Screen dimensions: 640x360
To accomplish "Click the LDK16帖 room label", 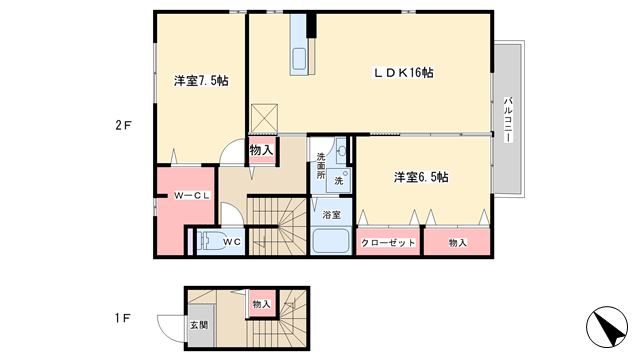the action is [404, 73].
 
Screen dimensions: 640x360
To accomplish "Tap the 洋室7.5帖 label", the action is [201, 81].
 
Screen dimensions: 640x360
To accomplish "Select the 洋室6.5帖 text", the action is [421, 177].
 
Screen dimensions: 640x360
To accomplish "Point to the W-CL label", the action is [192, 196].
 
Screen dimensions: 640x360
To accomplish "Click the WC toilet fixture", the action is [208, 242].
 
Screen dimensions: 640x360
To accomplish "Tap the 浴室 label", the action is [331, 215].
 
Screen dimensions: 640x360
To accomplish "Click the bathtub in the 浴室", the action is [331, 241].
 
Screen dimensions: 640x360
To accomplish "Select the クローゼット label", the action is [388, 243].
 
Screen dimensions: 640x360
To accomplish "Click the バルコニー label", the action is [508, 119].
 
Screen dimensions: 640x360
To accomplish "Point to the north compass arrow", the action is [607, 327].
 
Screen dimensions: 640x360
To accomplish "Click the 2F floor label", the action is [123, 125].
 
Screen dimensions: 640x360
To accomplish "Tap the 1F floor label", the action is [122, 318].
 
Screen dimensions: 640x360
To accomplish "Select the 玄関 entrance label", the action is [199, 325].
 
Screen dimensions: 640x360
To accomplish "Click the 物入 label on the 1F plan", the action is [261, 304].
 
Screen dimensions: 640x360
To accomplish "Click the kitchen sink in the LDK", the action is [299, 58].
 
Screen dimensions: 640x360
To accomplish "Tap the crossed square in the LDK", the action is [264, 118].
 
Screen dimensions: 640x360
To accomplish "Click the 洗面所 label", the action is [321, 166].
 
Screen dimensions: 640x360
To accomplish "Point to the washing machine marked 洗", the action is [339, 180].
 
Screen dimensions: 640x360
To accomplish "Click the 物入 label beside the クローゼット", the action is [458, 243].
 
